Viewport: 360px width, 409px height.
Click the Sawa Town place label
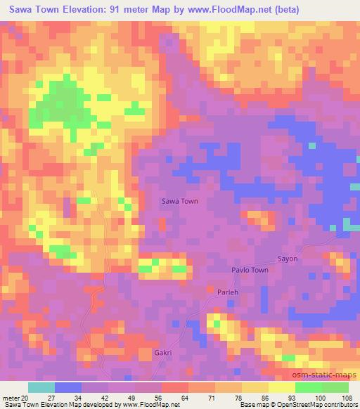tap(180, 201)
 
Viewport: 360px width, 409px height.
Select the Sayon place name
tap(288, 259)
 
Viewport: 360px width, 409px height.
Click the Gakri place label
tap(162, 353)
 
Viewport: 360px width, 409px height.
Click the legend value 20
tap(25, 398)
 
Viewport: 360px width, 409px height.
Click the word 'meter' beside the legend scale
tap(10, 398)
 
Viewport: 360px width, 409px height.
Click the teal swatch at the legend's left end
tap(41, 387)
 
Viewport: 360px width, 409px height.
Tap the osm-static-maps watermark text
tap(331, 375)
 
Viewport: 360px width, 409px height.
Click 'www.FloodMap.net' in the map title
tap(252, 8)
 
